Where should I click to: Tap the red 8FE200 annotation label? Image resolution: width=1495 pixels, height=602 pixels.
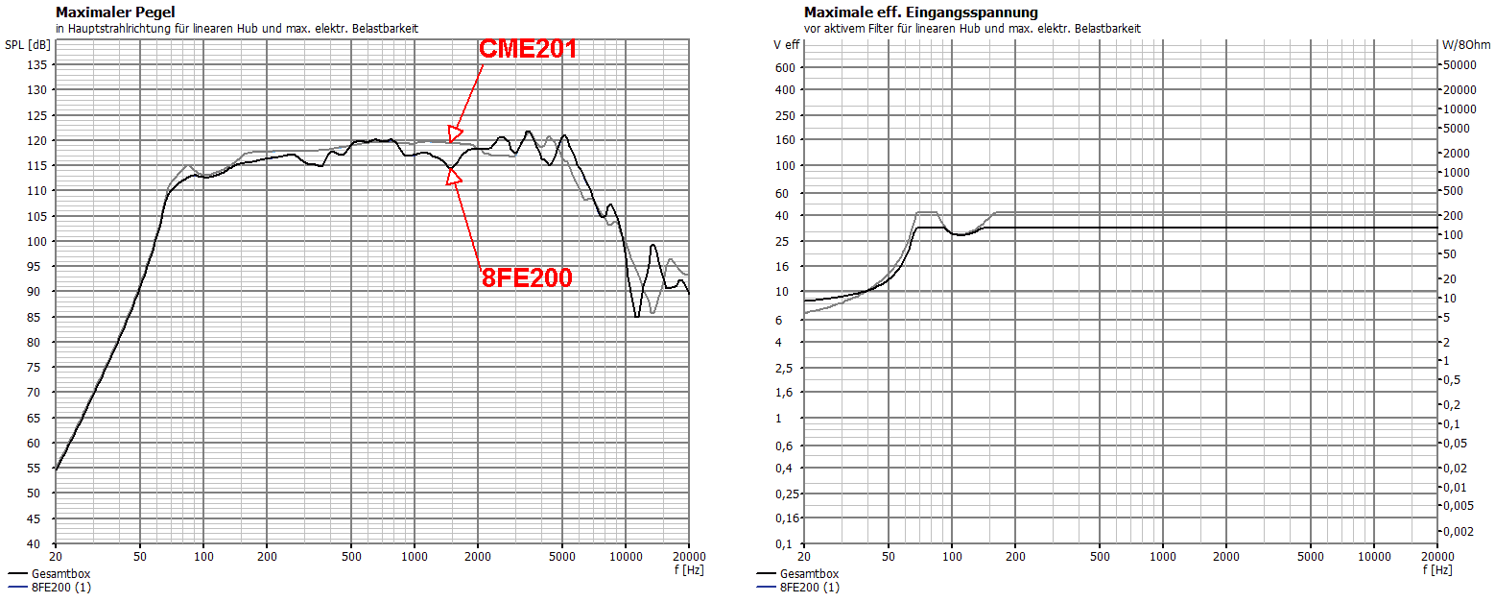[526, 278]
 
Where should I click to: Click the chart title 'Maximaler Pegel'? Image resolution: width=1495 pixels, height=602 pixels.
[115, 12]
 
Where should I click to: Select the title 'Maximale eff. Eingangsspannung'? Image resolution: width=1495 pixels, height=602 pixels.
[920, 12]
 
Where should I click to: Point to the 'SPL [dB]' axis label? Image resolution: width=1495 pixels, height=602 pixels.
[28, 45]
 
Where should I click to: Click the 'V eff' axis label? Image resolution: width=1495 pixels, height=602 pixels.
[786, 45]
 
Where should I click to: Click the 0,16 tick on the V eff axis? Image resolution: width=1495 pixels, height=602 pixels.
[785, 518]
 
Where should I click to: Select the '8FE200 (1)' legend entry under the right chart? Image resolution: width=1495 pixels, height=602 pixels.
[809, 586]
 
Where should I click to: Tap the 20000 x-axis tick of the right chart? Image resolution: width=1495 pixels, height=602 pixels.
[1436, 556]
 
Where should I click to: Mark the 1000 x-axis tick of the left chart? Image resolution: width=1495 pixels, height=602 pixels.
[415, 556]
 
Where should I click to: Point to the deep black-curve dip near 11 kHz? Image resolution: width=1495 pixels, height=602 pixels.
[637, 317]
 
